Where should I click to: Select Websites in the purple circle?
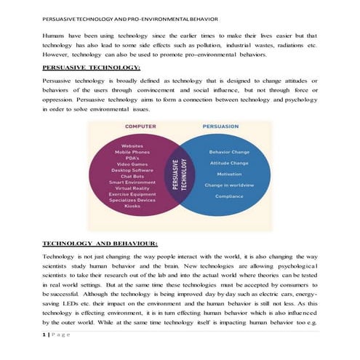point(132,145)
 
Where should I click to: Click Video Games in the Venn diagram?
point(132,164)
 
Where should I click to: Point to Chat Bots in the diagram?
point(132,175)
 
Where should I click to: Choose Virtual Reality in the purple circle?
point(132,188)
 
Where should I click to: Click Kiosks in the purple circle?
point(132,206)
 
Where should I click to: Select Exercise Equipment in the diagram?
point(132,193)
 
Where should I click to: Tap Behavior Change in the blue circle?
point(229,152)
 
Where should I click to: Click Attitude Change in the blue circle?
point(229,163)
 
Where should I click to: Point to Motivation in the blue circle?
point(229,174)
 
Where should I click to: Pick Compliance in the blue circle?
point(229,196)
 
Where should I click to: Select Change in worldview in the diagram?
point(229,185)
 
